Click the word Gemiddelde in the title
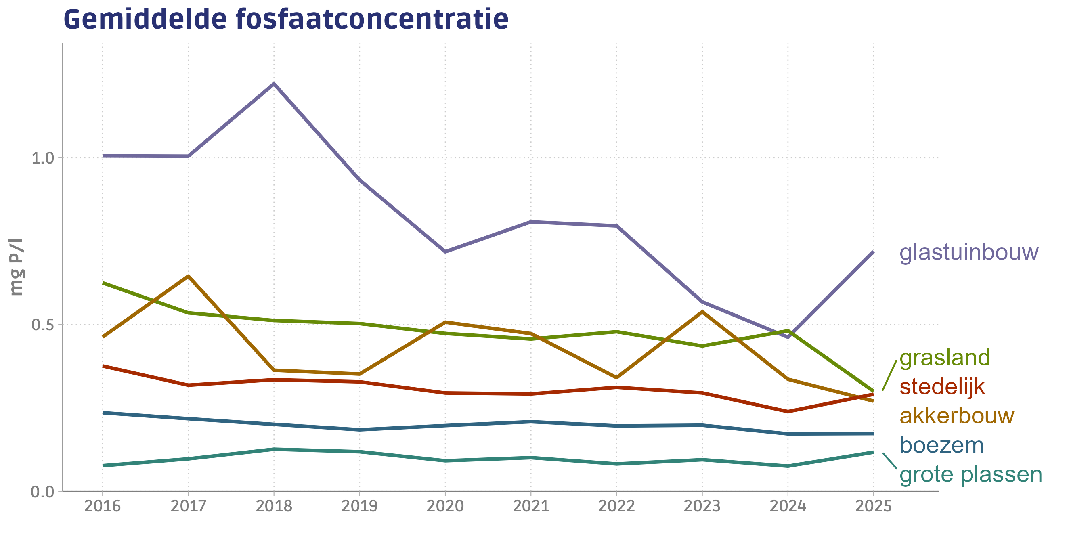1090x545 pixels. click(x=145, y=19)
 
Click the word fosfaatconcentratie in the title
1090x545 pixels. click(x=372, y=19)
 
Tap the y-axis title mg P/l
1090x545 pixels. click(x=17, y=267)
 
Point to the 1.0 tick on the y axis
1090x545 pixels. click(x=43, y=158)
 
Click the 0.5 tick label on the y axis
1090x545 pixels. click(x=43, y=325)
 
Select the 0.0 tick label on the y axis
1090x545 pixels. click(x=43, y=492)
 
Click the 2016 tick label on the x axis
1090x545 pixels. click(x=103, y=506)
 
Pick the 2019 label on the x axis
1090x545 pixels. click(x=359, y=506)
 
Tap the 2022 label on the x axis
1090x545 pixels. click(x=616, y=506)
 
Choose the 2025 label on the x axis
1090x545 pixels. click(x=873, y=506)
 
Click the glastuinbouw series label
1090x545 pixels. click(x=968, y=253)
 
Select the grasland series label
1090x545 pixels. click(x=944, y=358)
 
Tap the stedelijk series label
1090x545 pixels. click(x=942, y=387)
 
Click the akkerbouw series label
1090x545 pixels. click(x=957, y=416)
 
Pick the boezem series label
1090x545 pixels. click(x=941, y=445)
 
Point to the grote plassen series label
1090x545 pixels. click(x=970, y=474)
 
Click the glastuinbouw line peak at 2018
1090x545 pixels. click(x=274, y=84)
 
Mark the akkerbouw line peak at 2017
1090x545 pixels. click(x=188, y=276)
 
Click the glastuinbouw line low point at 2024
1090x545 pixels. click(x=788, y=337)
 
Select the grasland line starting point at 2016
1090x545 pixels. click(x=103, y=283)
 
